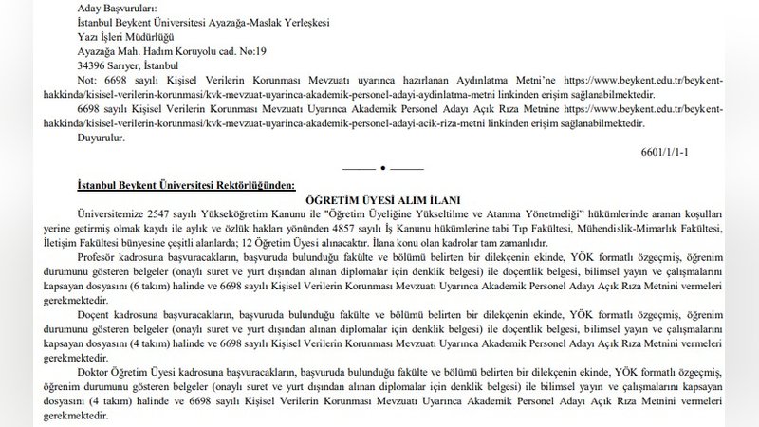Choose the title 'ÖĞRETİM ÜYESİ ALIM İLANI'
click(x=379, y=201)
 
